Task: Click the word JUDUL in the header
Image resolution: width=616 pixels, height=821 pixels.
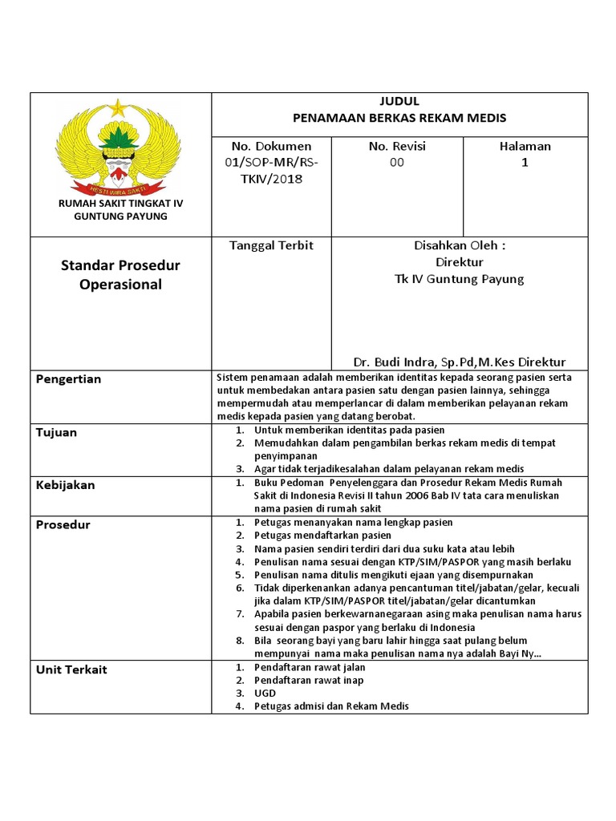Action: [399, 102]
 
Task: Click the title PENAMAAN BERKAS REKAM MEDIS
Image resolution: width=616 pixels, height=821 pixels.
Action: [399, 118]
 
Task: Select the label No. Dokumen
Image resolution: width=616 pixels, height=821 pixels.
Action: [271, 147]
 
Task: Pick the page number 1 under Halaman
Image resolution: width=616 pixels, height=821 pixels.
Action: [525, 163]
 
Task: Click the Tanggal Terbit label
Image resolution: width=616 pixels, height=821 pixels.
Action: [271, 246]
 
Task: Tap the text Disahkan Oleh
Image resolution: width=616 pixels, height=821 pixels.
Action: [460, 246]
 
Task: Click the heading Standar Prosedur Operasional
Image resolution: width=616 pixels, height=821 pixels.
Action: [120, 275]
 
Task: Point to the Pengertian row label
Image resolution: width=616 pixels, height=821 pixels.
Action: [69, 379]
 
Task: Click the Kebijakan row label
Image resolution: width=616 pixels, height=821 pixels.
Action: [65, 485]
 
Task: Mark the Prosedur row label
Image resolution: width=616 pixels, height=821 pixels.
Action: [63, 525]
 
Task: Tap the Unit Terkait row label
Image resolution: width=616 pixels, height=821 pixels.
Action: [71, 669]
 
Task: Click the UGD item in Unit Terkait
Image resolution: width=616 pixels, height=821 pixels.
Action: [265, 693]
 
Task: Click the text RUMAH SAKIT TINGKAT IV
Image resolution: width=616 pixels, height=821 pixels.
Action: [120, 204]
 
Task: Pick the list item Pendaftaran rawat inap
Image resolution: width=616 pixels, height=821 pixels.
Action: [308, 680]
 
